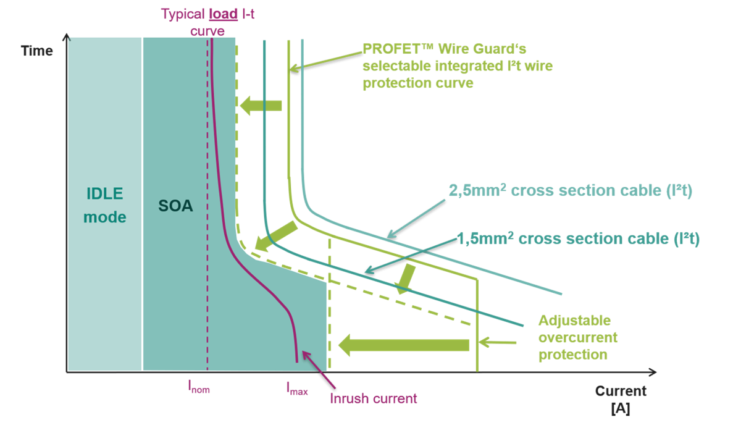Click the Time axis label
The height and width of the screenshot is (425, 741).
tap(36, 51)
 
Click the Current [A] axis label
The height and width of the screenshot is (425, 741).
tap(620, 399)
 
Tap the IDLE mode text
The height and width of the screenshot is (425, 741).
tap(104, 205)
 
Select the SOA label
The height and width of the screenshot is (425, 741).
tap(175, 206)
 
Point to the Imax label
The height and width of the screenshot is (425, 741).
tap(296, 388)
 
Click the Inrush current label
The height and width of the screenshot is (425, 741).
tap(373, 398)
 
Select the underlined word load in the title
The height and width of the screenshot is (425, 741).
tap(223, 13)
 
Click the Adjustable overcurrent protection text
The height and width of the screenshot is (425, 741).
tap(577, 337)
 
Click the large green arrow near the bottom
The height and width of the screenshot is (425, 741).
tap(404, 344)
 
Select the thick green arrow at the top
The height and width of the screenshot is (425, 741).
tap(261, 106)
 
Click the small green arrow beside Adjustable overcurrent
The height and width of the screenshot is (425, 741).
tap(498, 341)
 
